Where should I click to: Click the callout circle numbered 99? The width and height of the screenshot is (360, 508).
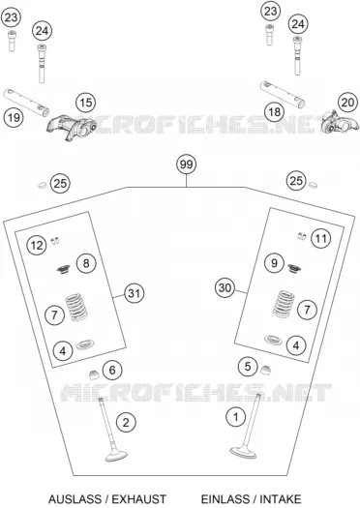click(x=187, y=164)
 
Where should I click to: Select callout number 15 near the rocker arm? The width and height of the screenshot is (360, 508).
click(x=85, y=103)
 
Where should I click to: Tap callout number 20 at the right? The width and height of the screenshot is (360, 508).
click(x=347, y=103)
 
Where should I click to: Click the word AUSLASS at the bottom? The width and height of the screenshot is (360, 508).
click(x=77, y=498)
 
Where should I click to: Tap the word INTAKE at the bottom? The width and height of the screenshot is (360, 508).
click(x=281, y=498)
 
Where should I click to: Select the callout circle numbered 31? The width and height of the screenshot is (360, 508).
click(x=134, y=293)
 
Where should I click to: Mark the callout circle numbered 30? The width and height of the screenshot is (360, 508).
click(x=225, y=287)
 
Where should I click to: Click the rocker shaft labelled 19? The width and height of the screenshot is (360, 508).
click(x=26, y=103)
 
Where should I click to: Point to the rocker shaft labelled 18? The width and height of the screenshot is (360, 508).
click(x=283, y=94)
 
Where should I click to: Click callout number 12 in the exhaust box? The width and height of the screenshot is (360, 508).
click(x=37, y=245)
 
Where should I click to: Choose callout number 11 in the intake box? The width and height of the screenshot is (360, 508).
click(x=320, y=239)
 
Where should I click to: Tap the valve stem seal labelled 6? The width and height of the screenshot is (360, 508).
click(x=94, y=374)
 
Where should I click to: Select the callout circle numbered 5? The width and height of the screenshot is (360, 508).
click(x=248, y=367)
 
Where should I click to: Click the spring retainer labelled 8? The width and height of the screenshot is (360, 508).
click(x=64, y=269)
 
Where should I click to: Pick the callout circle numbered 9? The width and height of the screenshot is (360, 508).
click(x=274, y=262)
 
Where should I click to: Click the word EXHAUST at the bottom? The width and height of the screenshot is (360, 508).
click(x=138, y=498)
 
